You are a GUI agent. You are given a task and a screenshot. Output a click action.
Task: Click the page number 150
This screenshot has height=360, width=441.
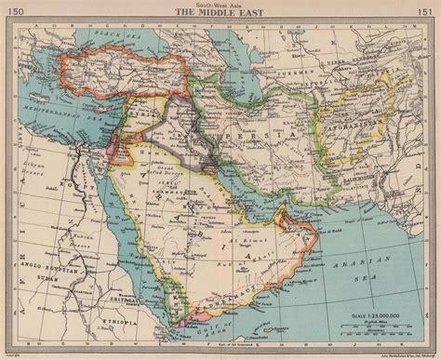pos(16,10)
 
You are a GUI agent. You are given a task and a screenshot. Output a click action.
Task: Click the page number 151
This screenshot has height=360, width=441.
pos(425,10)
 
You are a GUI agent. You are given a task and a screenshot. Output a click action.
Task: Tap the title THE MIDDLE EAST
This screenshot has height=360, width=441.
pos(220,14)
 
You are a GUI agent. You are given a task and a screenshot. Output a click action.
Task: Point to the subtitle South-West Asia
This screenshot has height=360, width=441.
pos(220,6)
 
